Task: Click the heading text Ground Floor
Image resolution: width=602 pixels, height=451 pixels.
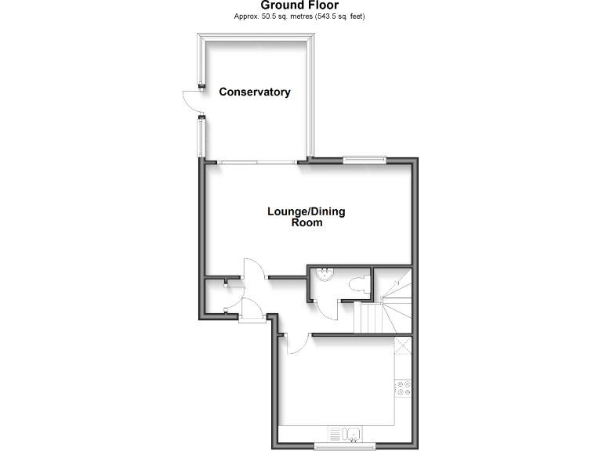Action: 300,5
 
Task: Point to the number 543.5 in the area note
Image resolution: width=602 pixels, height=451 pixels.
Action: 325,16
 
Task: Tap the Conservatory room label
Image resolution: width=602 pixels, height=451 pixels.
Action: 255,92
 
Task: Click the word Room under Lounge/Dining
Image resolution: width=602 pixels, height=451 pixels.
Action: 306,222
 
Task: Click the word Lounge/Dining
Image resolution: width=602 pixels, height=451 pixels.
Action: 306,211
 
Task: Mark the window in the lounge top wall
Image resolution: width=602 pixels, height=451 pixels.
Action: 364,160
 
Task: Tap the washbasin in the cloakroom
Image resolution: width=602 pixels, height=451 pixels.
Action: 324,274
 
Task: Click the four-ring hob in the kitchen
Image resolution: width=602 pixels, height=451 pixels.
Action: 404,388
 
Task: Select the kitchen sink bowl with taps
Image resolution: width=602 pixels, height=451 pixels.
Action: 352,433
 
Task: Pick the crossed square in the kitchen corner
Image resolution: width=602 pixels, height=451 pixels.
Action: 403,345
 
